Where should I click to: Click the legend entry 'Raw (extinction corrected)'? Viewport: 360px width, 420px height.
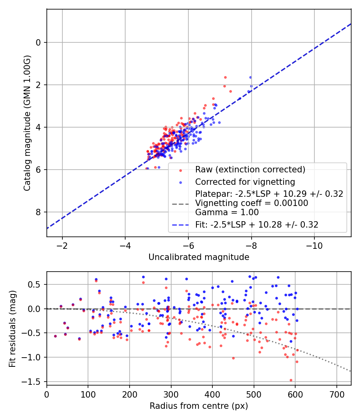point(250,169)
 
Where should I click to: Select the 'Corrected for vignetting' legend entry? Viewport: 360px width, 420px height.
point(245,182)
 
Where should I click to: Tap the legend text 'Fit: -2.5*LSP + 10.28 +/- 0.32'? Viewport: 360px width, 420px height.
point(257,225)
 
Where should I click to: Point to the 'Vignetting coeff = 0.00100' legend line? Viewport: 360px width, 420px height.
point(252,203)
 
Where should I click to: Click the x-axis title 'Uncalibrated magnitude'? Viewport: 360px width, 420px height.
point(199,257)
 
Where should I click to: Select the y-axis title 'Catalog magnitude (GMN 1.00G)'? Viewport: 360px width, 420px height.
point(27,123)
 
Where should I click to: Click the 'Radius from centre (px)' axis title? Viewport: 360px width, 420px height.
point(199,406)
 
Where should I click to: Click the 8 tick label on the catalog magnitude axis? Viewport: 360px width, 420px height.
point(39,212)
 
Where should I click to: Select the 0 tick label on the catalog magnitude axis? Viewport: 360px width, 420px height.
point(39,42)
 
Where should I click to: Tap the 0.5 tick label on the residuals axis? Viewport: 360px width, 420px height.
point(36,284)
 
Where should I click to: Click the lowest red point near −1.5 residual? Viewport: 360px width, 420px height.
point(291,380)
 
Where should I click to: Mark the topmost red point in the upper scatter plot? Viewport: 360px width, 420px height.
point(225,77)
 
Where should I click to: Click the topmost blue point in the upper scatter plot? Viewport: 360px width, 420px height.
point(250,77)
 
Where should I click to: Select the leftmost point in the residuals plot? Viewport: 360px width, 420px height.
point(55,336)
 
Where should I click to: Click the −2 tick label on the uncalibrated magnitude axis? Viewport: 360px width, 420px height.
point(62,245)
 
